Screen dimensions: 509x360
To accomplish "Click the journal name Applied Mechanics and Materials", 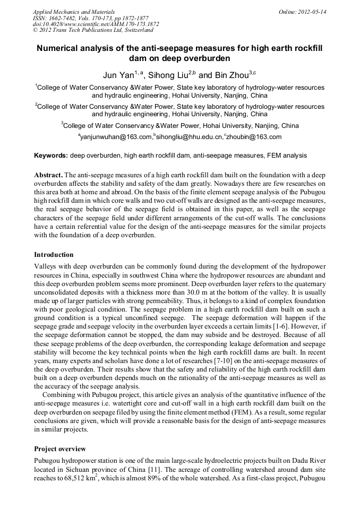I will (x=74, y=11).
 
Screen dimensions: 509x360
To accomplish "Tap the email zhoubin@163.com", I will (x=254, y=137).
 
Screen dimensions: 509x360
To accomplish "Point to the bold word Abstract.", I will (x=48, y=175).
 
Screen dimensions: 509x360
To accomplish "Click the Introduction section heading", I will (x=54, y=255).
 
